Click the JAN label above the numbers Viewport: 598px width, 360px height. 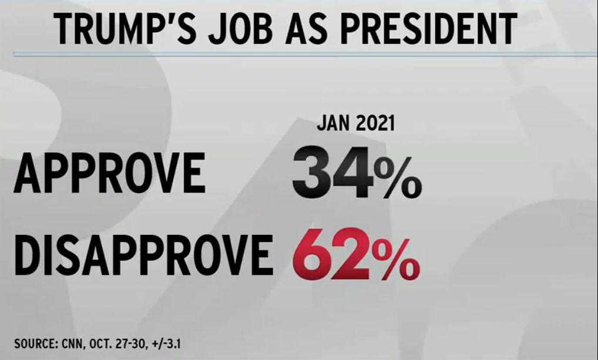tap(332, 125)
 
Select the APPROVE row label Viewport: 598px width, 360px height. tap(110, 174)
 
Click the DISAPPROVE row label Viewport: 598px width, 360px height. tap(143, 257)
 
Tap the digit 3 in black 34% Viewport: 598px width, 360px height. tap(313, 174)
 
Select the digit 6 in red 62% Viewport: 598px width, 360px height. tap(312, 257)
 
